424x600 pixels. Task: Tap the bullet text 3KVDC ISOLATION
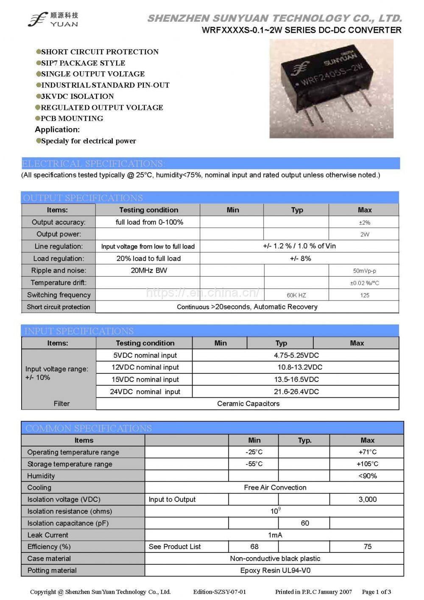[x=77, y=96]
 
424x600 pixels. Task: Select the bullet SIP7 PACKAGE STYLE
[x=83, y=63]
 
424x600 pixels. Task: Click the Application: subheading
[x=57, y=129]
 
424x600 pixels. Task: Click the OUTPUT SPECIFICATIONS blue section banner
[x=210, y=198]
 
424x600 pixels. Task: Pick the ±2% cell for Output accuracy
[x=364, y=222]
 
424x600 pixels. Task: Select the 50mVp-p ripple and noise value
[x=364, y=271]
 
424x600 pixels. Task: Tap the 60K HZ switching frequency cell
[x=296, y=295]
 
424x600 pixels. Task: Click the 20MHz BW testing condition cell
[x=148, y=270]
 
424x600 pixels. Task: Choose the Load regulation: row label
[x=59, y=258]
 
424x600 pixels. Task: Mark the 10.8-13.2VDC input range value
[x=300, y=367]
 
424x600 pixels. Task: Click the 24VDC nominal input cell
[x=145, y=392]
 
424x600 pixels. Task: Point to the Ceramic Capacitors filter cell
[x=248, y=404]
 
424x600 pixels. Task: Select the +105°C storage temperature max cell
[x=367, y=464]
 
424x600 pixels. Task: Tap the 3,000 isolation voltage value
[x=367, y=499]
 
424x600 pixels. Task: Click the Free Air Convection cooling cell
[x=275, y=488]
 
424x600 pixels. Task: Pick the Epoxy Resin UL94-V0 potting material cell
[x=275, y=570]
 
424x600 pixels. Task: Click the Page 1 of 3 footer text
[x=376, y=592]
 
